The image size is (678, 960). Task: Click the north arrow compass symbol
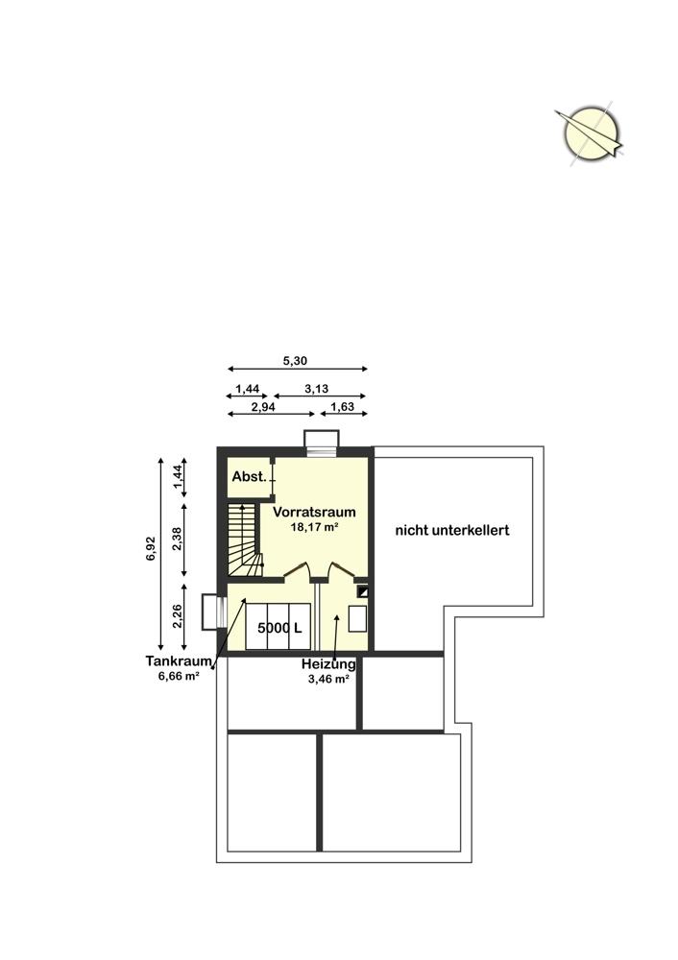(590, 134)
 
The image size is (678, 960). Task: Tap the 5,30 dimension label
(295, 361)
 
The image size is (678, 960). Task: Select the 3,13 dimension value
(317, 388)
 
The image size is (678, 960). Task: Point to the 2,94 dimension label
(263, 406)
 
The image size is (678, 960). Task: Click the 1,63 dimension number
(343, 406)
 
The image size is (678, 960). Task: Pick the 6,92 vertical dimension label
(152, 548)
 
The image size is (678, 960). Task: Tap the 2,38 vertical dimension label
(177, 540)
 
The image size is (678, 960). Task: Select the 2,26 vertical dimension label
(177, 616)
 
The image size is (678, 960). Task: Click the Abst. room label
(250, 476)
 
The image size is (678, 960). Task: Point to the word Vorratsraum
(314, 512)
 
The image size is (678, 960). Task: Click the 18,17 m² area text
(316, 526)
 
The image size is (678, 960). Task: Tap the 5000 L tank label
(279, 628)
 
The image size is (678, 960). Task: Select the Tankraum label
(179, 661)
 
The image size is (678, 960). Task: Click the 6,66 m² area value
(179, 676)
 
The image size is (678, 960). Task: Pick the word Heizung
(328, 664)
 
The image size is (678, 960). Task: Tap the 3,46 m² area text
(328, 679)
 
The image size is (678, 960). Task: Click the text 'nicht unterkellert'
(452, 530)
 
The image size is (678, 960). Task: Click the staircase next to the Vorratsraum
(246, 540)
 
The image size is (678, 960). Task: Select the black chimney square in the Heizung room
(363, 591)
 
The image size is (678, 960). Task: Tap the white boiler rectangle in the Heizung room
(357, 618)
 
